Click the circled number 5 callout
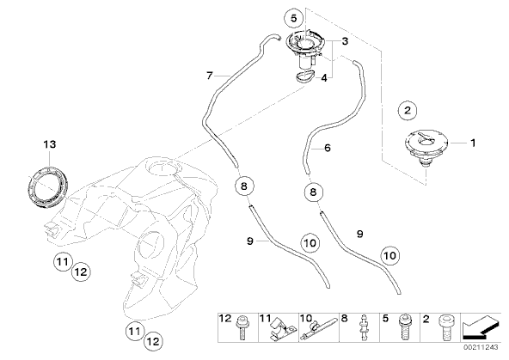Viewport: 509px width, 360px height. [x=293, y=18]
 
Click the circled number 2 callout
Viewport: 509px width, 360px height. [x=408, y=111]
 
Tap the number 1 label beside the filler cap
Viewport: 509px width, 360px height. [x=473, y=143]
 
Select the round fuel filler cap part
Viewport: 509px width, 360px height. [x=426, y=146]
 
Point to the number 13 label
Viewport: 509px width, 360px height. [x=50, y=144]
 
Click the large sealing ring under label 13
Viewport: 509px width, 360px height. [x=48, y=186]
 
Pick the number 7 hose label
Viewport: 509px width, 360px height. [x=210, y=76]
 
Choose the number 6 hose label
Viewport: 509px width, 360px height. [x=328, y=149]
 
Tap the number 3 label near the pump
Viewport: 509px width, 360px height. [x=345, y=41]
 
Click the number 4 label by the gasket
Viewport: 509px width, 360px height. [x=324, y=78]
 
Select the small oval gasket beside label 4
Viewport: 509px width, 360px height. [x=305, y=76]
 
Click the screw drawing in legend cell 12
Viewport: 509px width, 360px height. [x=242, y=327]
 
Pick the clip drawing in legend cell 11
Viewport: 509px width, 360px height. [x=281, y=328]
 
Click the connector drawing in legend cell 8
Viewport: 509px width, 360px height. [x=363, y=327]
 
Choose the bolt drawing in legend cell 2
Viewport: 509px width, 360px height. [x=444, y=327]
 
